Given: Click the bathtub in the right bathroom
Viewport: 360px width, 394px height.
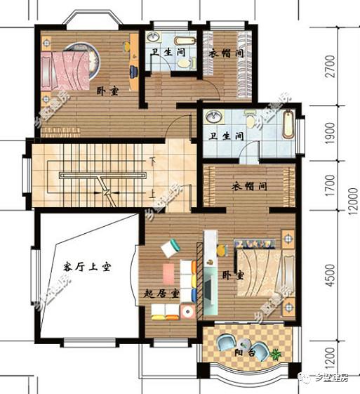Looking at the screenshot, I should [288, 125].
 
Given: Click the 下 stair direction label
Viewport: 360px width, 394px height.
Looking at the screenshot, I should [152, 162].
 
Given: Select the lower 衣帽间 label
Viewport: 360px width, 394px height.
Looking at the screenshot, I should [251, 187].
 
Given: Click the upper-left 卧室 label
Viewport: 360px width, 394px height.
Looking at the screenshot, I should [107, 91].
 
